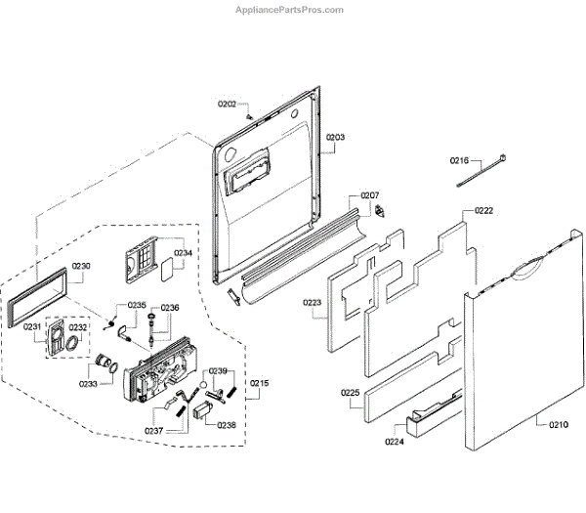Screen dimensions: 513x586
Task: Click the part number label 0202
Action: coord(227,104)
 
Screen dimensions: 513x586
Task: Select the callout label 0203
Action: coord(335,138)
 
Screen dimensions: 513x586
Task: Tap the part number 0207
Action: coord(369,195)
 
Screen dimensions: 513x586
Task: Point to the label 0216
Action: coord(460,160)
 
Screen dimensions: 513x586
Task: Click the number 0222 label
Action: coord(484,211)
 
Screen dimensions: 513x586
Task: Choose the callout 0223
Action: coord(313,303)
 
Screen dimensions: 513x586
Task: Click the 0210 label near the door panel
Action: coord(557,424)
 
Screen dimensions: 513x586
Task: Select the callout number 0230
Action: coord(81,267)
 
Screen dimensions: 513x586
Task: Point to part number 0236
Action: coord(170,308)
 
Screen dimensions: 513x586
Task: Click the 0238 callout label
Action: coord(227,425)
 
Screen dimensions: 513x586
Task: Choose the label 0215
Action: coord(260,382)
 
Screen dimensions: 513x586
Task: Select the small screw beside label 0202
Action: coord(250,115)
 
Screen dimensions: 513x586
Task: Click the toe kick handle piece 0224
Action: coord(429,417)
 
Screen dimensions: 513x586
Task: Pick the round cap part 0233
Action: coord(102,363)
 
